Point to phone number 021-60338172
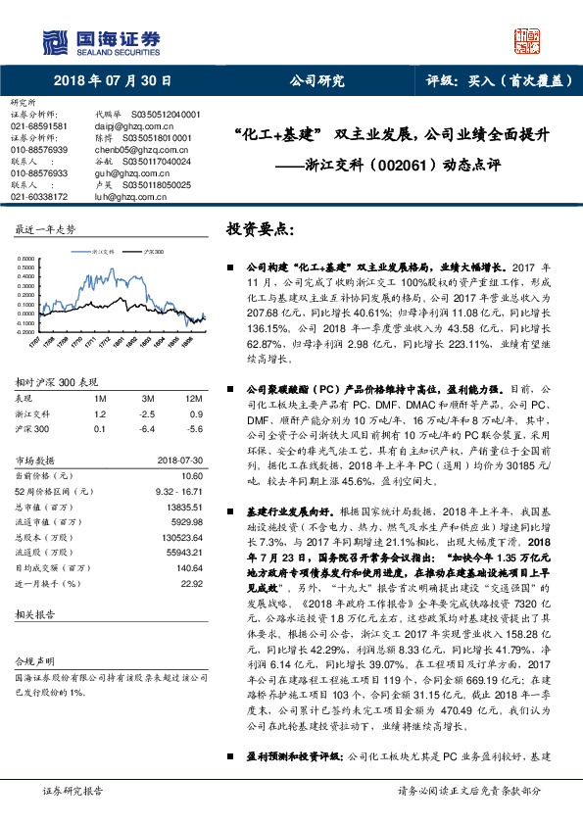[x=39, y=196]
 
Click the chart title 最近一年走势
[x=44, y=229]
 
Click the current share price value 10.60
[x=192, y=474]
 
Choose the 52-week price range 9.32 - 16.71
[x=177, y=488]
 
